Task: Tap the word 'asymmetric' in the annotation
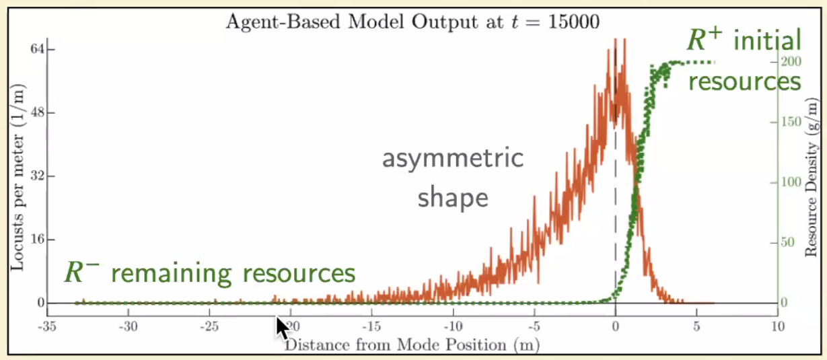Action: [452, 160]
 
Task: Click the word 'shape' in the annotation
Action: [452, 198]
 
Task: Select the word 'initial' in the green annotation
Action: [767, 42]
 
